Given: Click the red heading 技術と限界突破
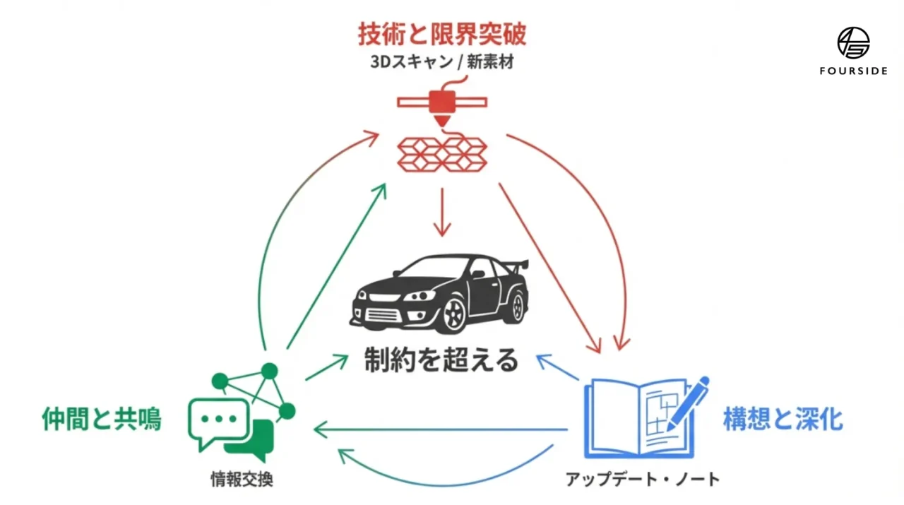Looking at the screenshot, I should tap(442, 34).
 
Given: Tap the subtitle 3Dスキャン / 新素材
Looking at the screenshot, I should tap(442, 61).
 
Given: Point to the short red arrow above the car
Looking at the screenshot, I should tap(442, 212).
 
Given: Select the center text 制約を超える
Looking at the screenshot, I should tap(442, 360).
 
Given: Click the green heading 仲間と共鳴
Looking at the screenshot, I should tap(102, 420).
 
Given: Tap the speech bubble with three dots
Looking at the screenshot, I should tap(218, 420).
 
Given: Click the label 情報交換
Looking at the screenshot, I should tap(242, 480).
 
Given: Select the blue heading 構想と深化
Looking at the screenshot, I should tap(783, 420).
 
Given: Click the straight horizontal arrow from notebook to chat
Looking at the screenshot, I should tap(441, 429).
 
